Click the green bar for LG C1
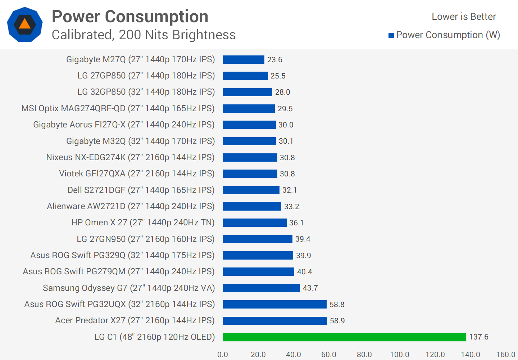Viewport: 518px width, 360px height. [344, 337]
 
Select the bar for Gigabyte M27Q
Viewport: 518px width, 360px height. [244, 60]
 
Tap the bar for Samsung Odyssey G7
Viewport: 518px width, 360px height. [261, 288]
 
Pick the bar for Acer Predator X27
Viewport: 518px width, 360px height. [275, 320]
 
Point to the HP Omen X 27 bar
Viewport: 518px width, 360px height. [255, 223]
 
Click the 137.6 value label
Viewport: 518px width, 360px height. [478, 337]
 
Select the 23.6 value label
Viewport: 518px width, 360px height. [274, 60]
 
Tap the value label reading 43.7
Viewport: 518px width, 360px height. [310, 288]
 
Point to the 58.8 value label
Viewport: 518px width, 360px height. [337, 305]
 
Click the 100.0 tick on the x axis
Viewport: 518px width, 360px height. [400, 355]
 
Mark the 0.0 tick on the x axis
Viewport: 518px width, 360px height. [223, 355]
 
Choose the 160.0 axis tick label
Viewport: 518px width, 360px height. [505, 355]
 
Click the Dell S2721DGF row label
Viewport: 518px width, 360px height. [141, 190]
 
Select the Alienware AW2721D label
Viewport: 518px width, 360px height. [131, 206]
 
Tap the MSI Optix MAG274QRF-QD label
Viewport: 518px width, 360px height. [118, 108]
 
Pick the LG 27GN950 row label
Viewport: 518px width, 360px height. [145, 239]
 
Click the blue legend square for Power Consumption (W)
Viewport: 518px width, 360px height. [391, 35]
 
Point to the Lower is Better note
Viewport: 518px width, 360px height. [464, 17]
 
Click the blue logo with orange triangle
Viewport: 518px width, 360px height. [25, 24]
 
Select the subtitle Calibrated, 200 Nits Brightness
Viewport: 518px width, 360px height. [144, 35]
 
